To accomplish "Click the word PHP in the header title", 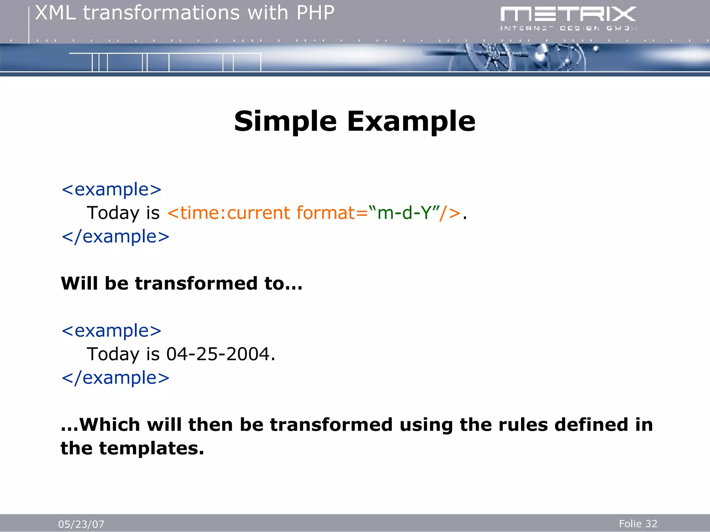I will click(x=315, y=13).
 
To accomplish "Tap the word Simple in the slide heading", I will click(x=285, y=121).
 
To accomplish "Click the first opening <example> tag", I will click(x=111, y=189).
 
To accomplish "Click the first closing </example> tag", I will click(x=115, y=237).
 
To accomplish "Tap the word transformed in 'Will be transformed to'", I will click(x=196, y=283).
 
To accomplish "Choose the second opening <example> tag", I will click(x=111, y=331).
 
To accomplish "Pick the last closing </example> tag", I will click(x=115, y=378).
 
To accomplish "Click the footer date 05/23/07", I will click(x=81, y=524).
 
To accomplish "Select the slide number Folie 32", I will click(x=638, y=523).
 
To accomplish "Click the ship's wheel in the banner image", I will click(x=492, y=57).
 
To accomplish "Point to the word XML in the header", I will click(x=55, y=13).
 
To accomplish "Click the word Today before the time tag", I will click(x=113, y=213).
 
